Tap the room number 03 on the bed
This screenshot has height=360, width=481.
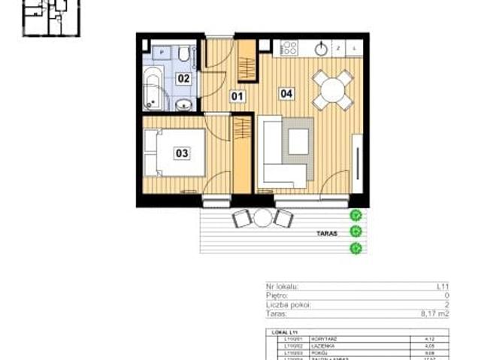point(182,153)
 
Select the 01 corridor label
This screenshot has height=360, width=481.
point(237,96)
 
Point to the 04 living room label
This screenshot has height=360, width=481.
point(286,94)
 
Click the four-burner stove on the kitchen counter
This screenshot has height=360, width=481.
point(289,47)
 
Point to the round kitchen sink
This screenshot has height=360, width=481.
point(320,48)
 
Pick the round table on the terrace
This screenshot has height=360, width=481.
point(262,219)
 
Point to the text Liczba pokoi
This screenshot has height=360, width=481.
point(289,306)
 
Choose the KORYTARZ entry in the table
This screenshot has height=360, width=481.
point(316,339)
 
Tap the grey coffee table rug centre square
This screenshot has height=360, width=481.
point(299,141)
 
